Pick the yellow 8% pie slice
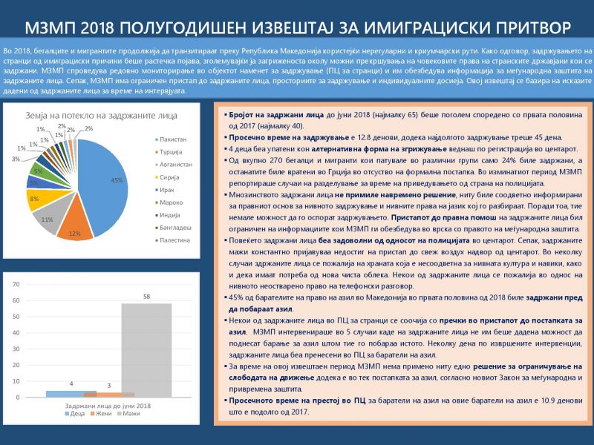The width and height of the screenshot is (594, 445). click(35, 199)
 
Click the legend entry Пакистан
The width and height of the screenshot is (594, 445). click(173, 139)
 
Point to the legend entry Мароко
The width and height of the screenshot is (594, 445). click(172, 202)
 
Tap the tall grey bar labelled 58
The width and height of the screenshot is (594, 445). click(146, 349)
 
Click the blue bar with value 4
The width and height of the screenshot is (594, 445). click(71, 393)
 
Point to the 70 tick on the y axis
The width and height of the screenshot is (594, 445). click(16, 284)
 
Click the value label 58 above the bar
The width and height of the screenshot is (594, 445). click(146, 297)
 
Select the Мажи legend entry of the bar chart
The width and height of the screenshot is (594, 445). click(131, 412)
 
